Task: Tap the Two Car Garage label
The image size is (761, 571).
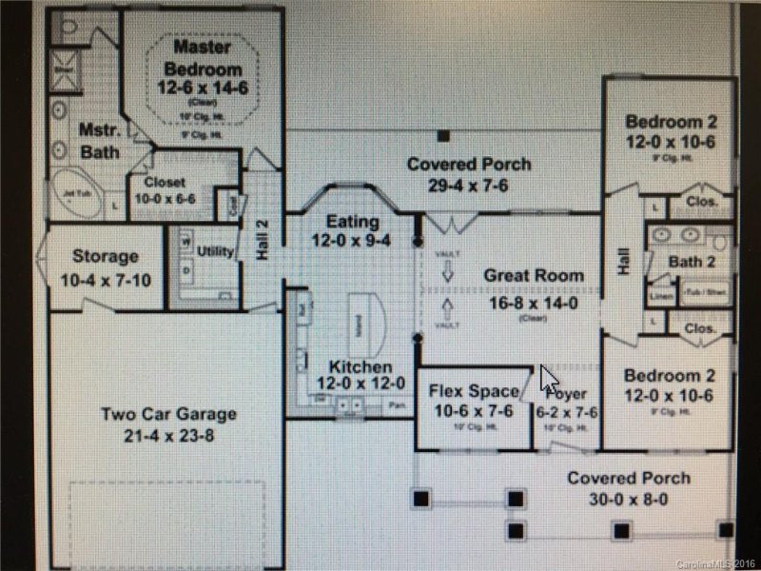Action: [168, 415]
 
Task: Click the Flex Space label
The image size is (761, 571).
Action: [474, 390]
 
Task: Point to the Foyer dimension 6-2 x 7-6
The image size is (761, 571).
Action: [569, 412]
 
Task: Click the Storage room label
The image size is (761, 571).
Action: [106, 256]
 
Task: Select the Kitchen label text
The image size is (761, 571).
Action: [360, 366]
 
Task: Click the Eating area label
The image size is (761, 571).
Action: [353, 221]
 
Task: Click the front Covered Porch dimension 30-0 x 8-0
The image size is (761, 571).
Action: [629, 500]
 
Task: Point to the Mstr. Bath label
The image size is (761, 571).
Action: [98, 141]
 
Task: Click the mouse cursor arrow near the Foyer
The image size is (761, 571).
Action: [549, 379]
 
